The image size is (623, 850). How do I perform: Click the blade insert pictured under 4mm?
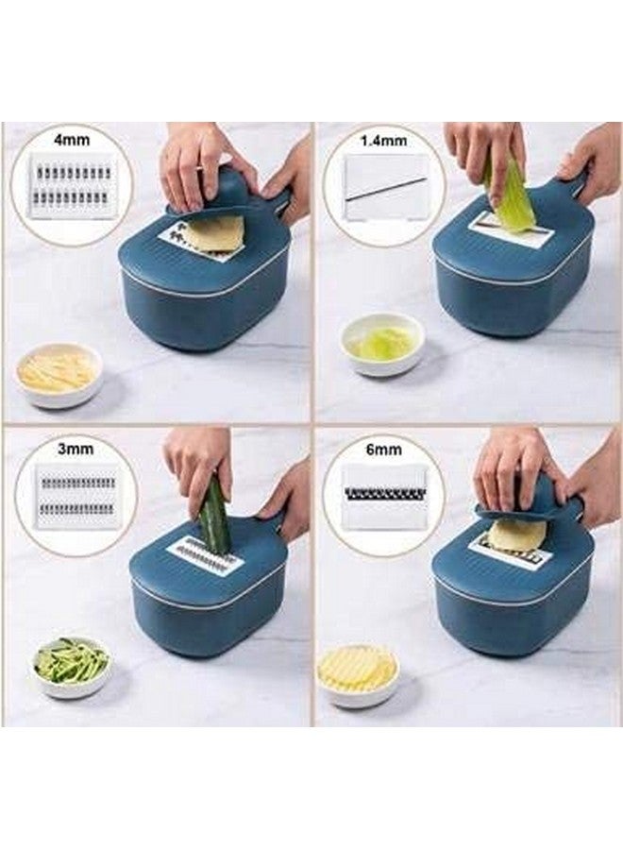point(73,186)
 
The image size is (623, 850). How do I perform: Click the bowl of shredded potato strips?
point(58,374)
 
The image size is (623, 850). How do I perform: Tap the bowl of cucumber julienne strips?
point(72,664)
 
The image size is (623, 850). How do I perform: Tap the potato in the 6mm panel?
point(517,535)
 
